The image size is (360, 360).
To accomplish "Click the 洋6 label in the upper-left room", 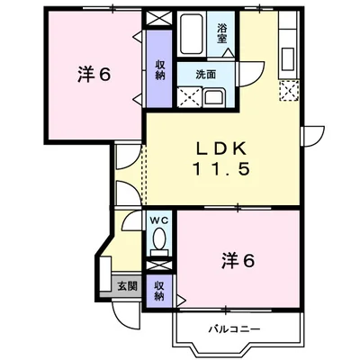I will [x=94, y=75].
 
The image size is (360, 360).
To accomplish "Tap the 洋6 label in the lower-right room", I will [x=238, y=261].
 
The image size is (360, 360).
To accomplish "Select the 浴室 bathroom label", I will [x=221, y=34].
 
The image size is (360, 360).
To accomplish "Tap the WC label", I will [x=158, y=220].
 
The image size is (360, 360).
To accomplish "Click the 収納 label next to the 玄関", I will [x=158, y=290].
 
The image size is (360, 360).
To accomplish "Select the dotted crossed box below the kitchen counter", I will [x=289, y=89].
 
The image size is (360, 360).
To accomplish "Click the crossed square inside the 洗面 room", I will [x=188, y=97].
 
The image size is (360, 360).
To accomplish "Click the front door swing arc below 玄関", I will [x=135, y=315].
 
